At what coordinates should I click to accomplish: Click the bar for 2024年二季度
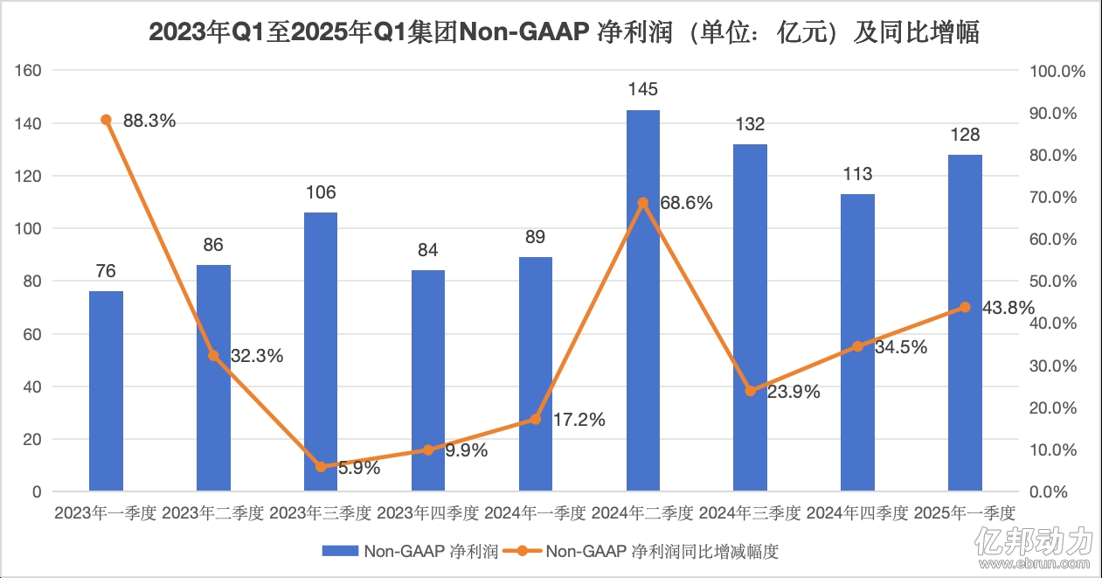(x=643, y=301)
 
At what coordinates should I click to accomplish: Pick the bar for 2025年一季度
(x=965, y=323)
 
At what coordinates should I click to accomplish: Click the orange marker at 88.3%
(x=106, y=120)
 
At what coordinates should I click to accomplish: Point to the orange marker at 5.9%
(x=321, y=467)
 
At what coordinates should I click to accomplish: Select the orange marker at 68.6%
(x=643, y=203)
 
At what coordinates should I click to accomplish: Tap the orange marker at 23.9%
(x=751, y=391)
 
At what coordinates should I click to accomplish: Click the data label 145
(x=643, y=89)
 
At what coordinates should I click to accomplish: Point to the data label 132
(x=751, y=123)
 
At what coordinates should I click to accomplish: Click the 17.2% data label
(x=579, y=421)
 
